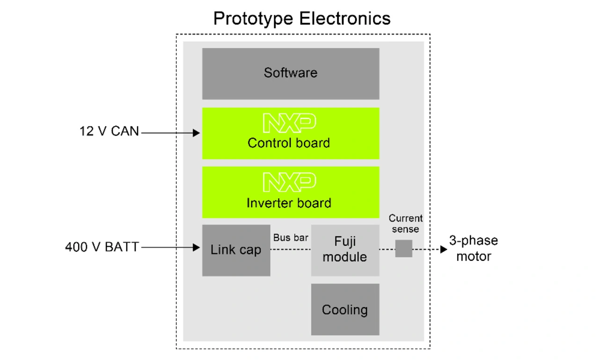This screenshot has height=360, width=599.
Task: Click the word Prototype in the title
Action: pos(253,19)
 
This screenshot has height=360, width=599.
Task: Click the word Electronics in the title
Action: pos(345,18)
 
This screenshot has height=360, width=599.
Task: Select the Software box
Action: pos(291,74)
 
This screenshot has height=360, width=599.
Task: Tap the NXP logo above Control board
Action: pos(290,123)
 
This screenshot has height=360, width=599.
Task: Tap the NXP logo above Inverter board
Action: pos(290,182)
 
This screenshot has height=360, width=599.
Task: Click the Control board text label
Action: pos(289,143)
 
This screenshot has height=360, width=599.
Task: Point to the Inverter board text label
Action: pos(289,203)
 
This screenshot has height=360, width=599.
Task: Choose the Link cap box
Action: pos(236,250)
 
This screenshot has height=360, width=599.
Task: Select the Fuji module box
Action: pos(345,250)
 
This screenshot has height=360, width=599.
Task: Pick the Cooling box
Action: pos(345,309)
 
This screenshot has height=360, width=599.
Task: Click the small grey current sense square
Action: pos(404,249)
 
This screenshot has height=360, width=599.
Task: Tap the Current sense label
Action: pos(406,224)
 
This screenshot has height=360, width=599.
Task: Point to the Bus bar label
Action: pos(291,237)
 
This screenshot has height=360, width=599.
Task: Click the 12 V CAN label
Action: pos(110,132)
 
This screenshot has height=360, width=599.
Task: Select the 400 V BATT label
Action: pos(102,247)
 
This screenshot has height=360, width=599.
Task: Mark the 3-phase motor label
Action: pos(474,248)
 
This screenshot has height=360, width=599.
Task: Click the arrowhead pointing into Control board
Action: pos(196,133)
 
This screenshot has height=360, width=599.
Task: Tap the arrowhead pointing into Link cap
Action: pos(196,247)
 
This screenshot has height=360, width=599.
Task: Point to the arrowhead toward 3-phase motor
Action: pos(444,249)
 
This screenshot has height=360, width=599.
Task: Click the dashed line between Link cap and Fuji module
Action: pos(291,249)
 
